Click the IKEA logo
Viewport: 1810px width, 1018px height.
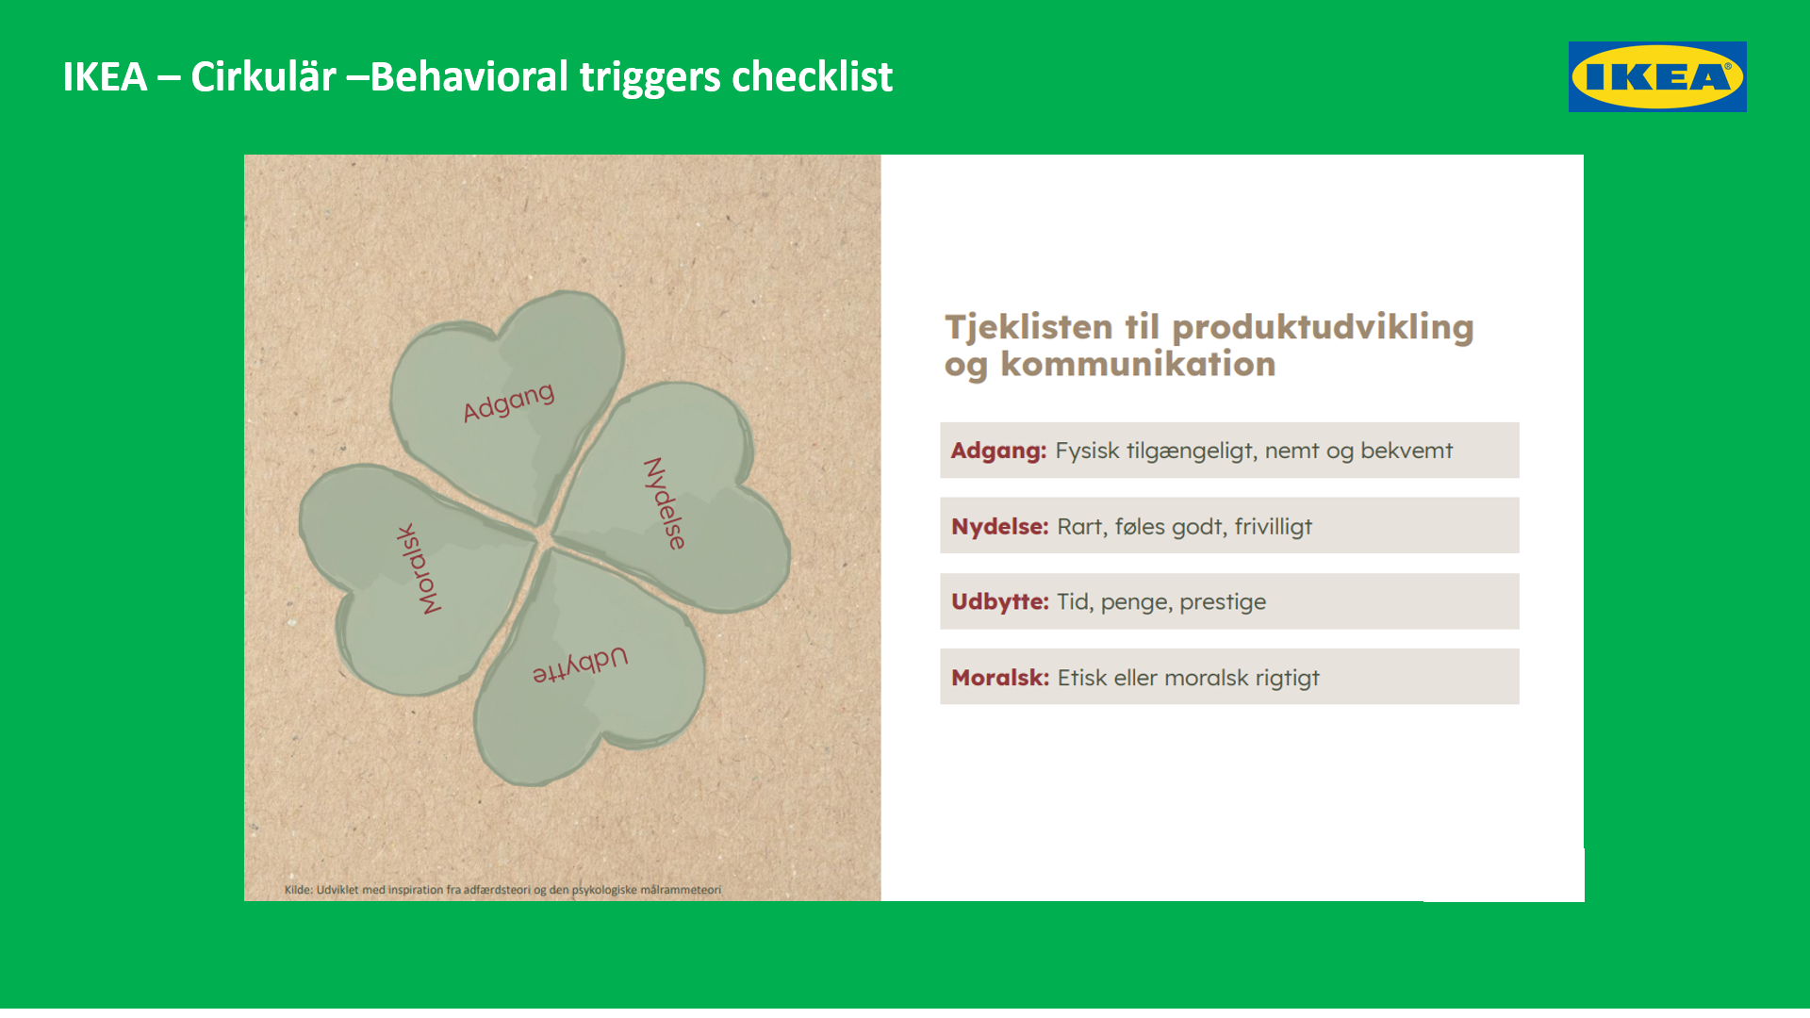[1657, 76]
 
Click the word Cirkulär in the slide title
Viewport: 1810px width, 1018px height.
[263, 76]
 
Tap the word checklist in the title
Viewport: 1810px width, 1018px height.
[812, 76]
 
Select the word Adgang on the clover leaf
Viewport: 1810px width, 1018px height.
[508, 402]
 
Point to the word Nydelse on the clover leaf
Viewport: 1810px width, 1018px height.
[665, 503]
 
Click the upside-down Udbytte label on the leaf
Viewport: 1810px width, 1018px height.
[580, 665]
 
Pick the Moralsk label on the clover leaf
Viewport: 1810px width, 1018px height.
[419, 569]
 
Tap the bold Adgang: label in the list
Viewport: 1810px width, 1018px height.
[998, 452]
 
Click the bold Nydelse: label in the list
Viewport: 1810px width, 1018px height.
[999, 527]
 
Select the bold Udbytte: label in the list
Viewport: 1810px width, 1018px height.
[999, 602]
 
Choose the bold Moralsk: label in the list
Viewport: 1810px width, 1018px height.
[999, 678]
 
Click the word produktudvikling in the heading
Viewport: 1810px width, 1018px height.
[1323, 328]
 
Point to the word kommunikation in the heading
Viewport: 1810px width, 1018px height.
[1138, 364]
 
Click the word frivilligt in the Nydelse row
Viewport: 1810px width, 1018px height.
[1274, 527]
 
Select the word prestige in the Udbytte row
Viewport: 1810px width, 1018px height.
[1223, 603]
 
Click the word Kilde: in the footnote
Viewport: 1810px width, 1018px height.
[299, 890]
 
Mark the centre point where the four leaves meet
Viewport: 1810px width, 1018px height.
[545, 536]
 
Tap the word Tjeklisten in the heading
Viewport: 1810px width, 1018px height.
[1029, 328]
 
